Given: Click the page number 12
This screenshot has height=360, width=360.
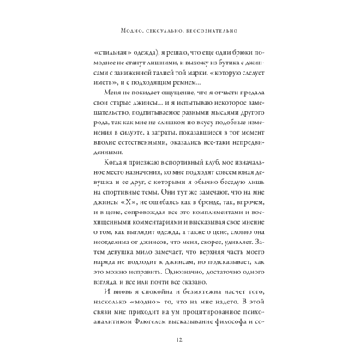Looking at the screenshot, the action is [180, 340].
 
